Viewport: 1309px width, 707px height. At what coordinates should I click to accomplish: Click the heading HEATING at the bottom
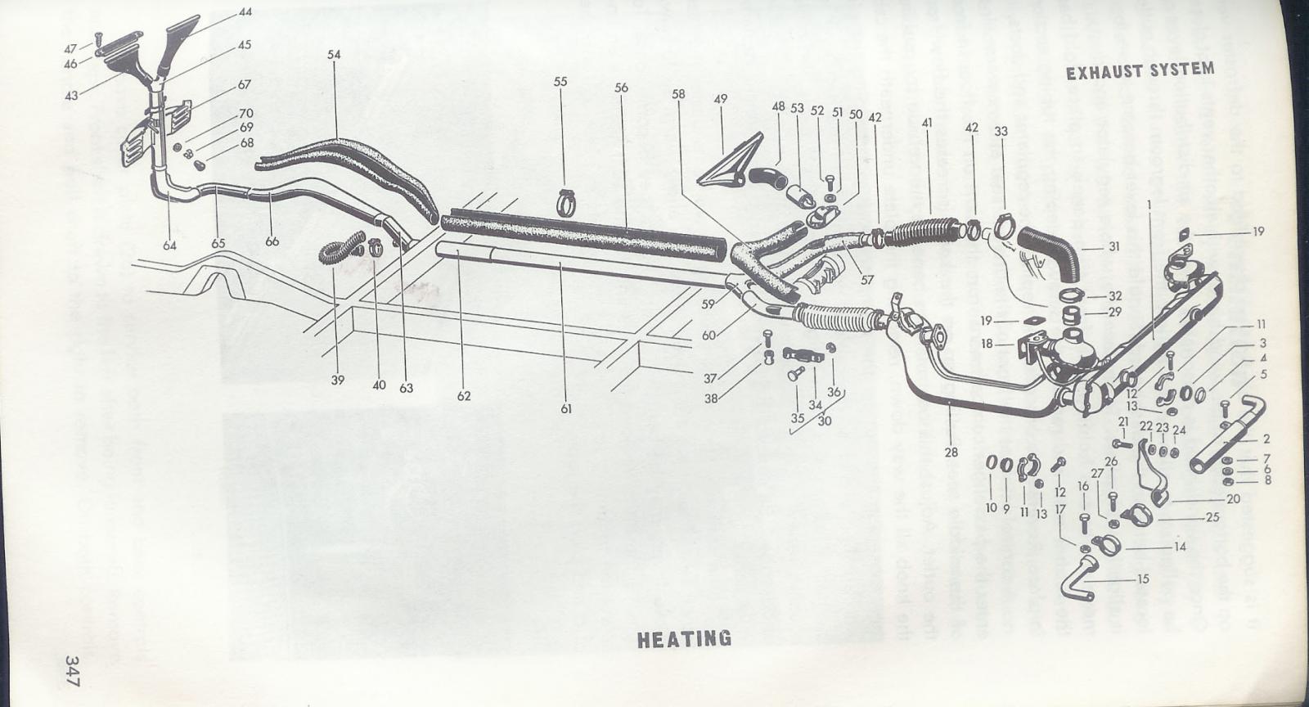684,638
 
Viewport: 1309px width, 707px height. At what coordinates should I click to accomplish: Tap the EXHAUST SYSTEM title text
1140,71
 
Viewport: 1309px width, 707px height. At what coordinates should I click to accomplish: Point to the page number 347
73,671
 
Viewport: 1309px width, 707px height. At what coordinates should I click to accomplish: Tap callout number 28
950,451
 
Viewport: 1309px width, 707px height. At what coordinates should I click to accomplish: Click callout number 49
720,99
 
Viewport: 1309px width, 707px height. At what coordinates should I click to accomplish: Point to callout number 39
338,380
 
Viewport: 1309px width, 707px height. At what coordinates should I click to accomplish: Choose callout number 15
1143,579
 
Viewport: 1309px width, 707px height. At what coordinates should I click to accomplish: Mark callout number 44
245,12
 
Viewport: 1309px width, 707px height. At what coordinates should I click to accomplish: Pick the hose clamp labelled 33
1005,222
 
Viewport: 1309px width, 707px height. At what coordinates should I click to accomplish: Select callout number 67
245,84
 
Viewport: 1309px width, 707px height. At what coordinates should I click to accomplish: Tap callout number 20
1233,498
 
